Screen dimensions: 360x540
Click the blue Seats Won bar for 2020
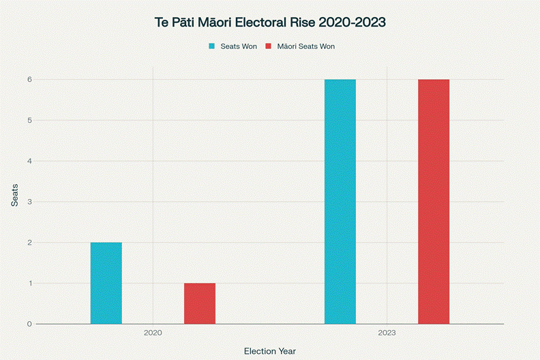[106, 283]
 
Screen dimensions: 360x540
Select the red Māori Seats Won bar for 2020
[200, 303]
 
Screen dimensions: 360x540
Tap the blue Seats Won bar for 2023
[340, 202]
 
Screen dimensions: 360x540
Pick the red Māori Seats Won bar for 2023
[434, 202]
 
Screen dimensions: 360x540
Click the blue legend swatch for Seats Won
[211, 46]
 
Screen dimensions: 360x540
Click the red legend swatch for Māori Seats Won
[268, 46]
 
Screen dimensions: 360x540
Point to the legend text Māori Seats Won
[305, 46]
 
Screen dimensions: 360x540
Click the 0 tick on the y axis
[29, 324]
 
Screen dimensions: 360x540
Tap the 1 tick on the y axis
[29, 283]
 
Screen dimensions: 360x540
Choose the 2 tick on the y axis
[29, 243]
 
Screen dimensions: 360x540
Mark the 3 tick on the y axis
[29, 202]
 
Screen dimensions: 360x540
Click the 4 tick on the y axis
[29, 161]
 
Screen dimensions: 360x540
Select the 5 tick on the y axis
[29, 121]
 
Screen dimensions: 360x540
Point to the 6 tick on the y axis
[29, 80]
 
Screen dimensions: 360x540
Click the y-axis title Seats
[14, 194]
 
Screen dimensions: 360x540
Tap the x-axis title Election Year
[270, 351]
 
